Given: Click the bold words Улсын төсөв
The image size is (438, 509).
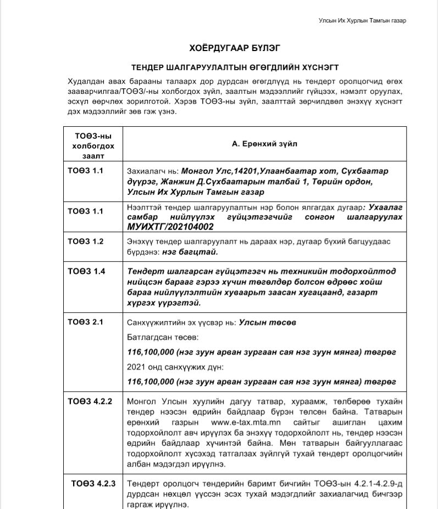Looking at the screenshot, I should point(268,323).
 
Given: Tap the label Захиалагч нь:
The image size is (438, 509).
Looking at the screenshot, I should point(152,171).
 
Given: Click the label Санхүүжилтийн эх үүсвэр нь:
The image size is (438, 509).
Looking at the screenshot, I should point(182,323).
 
